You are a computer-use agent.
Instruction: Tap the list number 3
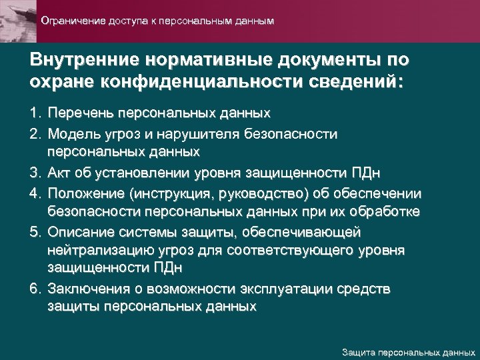[35, 174]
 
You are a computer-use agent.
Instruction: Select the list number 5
[35, 233]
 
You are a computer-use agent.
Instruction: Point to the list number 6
[35, 290]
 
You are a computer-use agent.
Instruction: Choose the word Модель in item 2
[72, 134]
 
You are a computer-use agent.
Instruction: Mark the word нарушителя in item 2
[205, 134]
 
